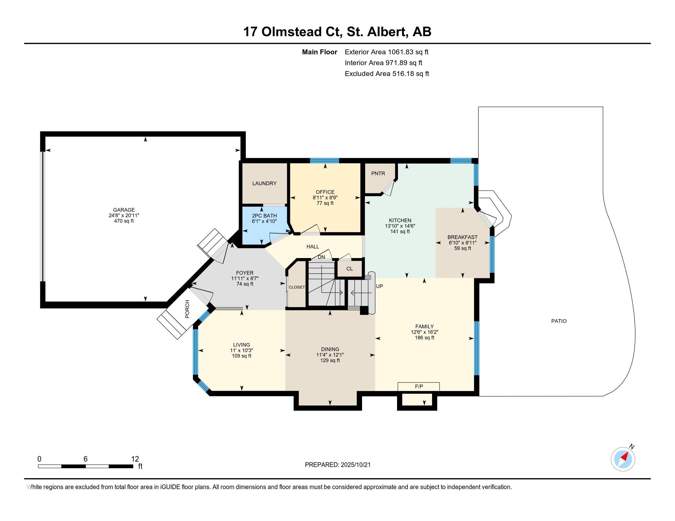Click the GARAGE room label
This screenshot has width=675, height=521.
(124, 210)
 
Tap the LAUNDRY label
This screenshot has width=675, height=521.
(264, 183)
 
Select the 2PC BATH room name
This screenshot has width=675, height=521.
(264, 216)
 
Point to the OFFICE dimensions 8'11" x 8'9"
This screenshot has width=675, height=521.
(325, 198)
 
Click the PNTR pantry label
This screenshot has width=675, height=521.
(378, 173)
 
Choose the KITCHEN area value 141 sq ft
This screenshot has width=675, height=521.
(400, 231)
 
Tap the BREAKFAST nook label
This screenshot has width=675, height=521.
(462, 237)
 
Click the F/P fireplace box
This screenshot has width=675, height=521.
(419, 386)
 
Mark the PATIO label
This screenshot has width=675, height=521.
(559, 321)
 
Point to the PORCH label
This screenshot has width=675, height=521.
(187, 309)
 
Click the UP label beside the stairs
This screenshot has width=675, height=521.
(380, 286)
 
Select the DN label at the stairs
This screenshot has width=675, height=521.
(322, 257)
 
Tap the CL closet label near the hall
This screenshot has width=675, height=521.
(349, 268)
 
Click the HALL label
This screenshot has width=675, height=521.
(313, 247)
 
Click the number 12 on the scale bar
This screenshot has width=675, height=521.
(135, 459)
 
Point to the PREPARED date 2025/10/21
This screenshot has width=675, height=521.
(355, 465)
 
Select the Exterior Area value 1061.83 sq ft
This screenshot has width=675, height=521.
(408, 52)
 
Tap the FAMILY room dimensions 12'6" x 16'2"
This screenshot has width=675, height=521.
(425, 332)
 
